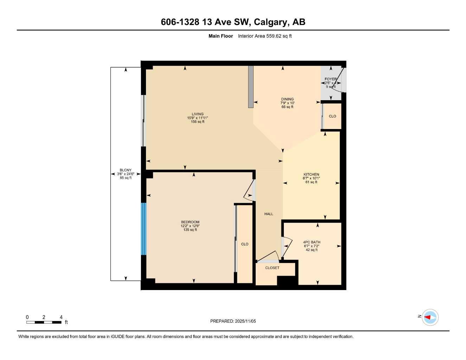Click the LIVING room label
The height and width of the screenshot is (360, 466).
(x=197, y=114)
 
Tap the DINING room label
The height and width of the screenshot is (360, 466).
(x=287, y=99)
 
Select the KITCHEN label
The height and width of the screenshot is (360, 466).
(x=311, y=175)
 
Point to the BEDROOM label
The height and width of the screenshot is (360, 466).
(x=190, y=222)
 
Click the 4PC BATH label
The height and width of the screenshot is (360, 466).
(x=312, y=242)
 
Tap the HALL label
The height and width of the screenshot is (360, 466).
(x=269, y=214)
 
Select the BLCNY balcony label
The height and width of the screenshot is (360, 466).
(x=126, y=170)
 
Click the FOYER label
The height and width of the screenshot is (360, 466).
(x=330, y=79)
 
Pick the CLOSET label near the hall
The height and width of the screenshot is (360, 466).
(x=272, y=268)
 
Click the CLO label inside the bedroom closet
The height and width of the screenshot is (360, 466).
(x=245, y=244)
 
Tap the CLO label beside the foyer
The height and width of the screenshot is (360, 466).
(x=332, y=116)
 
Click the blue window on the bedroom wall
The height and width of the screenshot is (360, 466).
(x=143, y=229)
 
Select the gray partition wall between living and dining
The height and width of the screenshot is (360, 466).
(x=251, y=86)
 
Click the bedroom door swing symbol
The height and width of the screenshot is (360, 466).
(x=249, y=191)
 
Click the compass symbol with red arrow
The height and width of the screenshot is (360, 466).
(x=430, y=317)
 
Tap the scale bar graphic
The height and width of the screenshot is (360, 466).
(x=44, y=322)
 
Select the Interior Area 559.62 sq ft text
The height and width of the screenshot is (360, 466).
(x=265, y=36)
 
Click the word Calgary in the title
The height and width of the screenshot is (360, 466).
(x=270, y=22)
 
